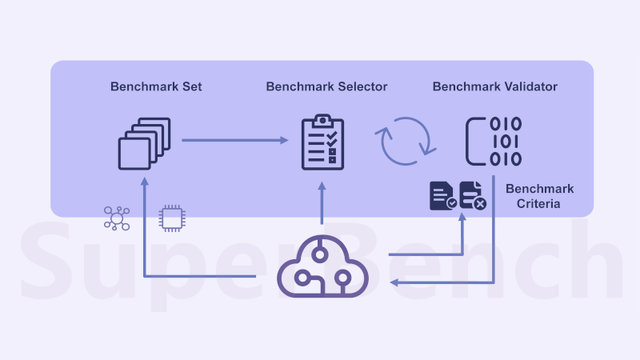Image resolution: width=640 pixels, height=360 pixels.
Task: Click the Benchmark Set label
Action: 156,86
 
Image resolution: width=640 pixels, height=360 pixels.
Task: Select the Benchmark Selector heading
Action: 326,86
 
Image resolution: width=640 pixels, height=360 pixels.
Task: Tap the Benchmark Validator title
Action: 495,86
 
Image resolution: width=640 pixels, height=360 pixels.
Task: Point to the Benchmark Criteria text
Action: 539,197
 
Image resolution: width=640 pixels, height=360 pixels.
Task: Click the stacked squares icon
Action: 145,143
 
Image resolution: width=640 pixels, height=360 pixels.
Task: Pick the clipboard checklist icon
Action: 322,142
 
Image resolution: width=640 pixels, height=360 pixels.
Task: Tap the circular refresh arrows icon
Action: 406,142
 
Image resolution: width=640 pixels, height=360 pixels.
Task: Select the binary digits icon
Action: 494,142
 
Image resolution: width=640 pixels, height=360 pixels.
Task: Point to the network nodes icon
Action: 117,218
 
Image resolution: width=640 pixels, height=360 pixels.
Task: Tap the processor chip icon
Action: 170,218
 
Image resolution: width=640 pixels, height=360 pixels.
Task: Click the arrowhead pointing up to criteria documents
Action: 463,218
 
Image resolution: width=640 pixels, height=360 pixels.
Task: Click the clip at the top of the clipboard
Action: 322,121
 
